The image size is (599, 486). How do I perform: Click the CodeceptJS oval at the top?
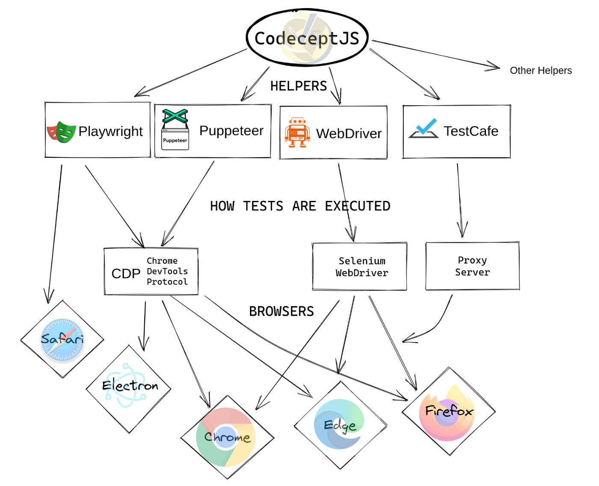point(307,38)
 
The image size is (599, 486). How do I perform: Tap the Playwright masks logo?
point(61,132)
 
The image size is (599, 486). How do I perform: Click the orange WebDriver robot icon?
point(297,133)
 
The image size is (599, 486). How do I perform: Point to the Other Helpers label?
point(540,71)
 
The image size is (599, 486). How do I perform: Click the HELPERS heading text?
point(298,86)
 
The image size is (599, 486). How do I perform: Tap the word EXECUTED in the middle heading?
point(357,206)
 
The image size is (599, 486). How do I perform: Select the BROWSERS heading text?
point(281,311)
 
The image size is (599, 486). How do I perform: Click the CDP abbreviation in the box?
point(126,274)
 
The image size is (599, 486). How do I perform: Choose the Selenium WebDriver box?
point(359,267)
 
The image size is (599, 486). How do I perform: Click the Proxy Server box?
point(472,266)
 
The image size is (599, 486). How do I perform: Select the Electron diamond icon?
point(129,386)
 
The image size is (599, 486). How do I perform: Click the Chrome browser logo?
point(226,437)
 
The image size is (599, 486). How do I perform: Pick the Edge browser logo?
point(340,424)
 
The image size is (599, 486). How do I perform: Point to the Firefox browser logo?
point(448,411)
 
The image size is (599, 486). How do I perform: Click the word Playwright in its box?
point(110,131)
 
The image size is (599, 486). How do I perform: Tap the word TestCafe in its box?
point(471,131)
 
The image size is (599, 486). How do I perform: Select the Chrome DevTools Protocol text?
point(167,271)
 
